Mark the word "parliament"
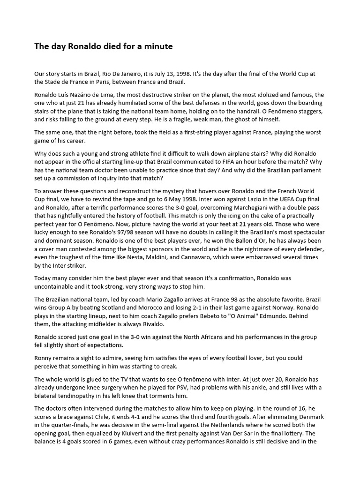coord(304,170)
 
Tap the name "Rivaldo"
coord(152,323)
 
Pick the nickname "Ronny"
coord(43,358)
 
